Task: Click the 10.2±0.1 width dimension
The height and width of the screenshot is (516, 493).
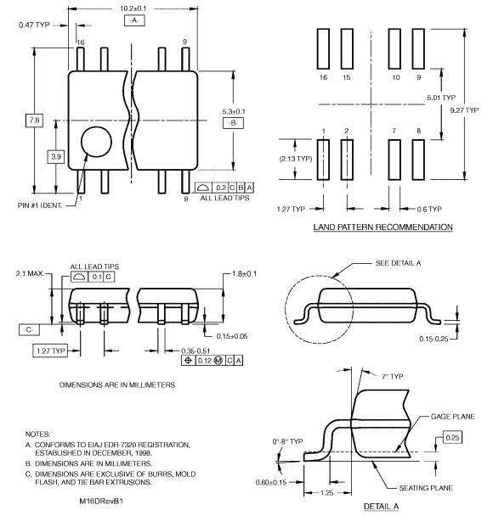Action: tap(133, 8)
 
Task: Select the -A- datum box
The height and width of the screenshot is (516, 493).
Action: tap(134, 20)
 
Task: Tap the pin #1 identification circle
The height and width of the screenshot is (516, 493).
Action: tap(96, 142)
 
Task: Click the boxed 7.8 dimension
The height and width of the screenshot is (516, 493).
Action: tap(34, 121)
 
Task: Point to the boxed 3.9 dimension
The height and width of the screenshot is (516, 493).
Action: tap(56, 157)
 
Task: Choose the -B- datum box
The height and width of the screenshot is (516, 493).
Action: tap(233, 123)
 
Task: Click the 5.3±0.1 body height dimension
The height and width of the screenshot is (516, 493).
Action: tap(233, 111)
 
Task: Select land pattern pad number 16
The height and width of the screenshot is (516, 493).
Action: tap(323, 48)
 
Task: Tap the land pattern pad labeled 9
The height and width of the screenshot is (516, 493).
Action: tap(418, 48)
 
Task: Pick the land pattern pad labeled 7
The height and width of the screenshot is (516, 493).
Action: tap(394, 160)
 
